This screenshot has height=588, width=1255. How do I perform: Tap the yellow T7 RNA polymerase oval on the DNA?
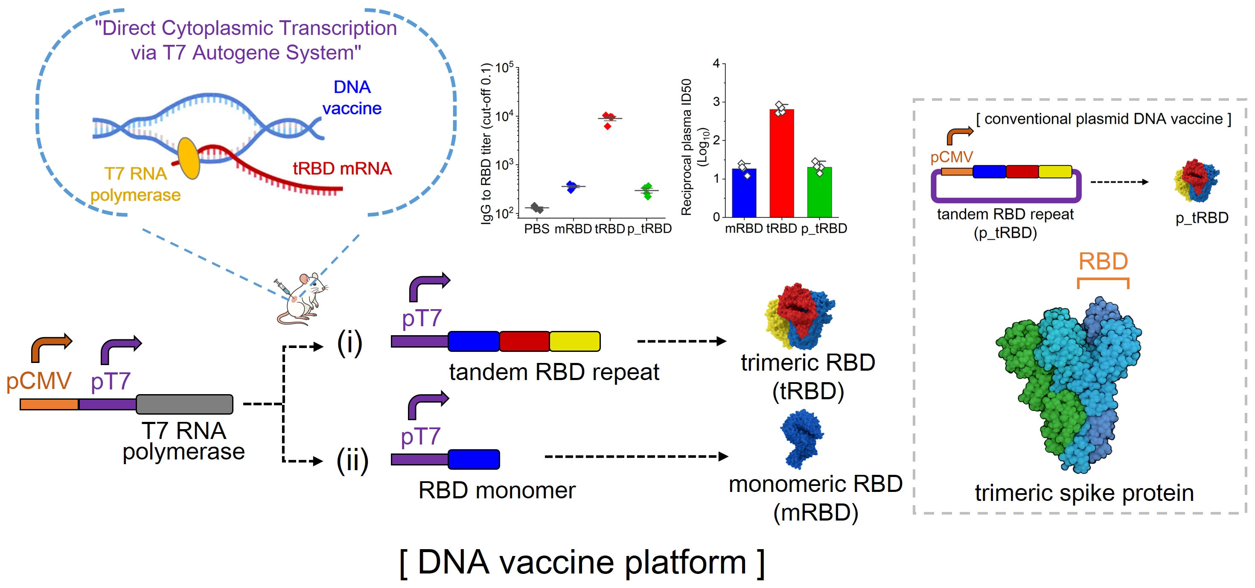coord(189,158)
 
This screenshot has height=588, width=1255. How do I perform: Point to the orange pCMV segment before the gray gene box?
coord(49,404)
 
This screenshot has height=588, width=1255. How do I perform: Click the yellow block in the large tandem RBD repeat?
coord(574,341)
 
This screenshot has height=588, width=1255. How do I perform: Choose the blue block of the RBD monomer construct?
coord(474,459)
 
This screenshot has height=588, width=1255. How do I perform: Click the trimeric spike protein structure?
coord(1072,385)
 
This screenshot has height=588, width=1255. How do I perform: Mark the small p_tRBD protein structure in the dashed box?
coord(1196,180)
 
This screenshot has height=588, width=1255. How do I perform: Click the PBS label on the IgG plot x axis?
coord(536,229)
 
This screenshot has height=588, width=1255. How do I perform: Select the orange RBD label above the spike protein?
coord(1103,262)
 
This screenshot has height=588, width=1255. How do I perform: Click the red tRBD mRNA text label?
coord(342,169)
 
